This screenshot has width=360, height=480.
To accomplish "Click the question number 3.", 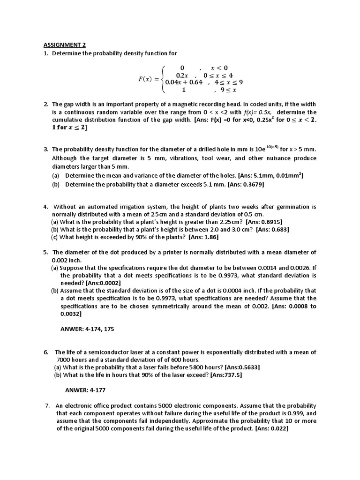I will click(x=46, y=149).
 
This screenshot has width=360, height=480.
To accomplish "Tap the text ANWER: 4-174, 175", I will click(x=87, y=329).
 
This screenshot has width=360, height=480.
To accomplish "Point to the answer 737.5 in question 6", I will click(x=232, y=375).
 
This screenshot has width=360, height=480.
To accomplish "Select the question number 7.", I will click(x=47, y=405).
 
